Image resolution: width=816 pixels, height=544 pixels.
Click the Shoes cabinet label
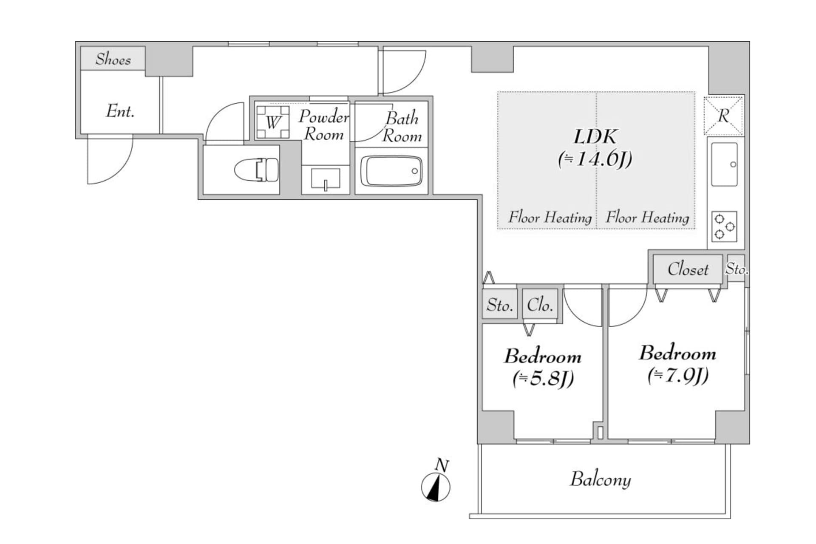[113, 59]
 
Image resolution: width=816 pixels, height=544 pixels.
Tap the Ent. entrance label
[120, 111]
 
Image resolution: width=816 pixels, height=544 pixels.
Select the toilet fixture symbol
[257, 170]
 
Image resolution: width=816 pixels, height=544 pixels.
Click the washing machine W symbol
[273, 122]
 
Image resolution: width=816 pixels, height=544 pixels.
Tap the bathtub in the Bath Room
[391, 171]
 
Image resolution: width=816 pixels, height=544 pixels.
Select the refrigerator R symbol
[723, 116]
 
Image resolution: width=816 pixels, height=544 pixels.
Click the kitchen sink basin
[724, 164]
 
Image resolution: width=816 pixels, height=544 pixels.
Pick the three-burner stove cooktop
[724, 227]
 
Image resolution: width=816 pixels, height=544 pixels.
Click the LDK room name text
[595, 137]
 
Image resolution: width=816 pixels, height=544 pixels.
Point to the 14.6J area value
[595, 159]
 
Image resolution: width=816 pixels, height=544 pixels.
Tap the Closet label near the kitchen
[688, 269]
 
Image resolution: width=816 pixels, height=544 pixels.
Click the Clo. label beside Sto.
[540, 305]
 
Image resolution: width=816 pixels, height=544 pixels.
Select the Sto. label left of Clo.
[500, 305]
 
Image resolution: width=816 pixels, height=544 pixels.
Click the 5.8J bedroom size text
[543, 378]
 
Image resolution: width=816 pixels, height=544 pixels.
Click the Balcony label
[600, 479]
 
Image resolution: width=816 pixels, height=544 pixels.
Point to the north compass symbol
[436, 487]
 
